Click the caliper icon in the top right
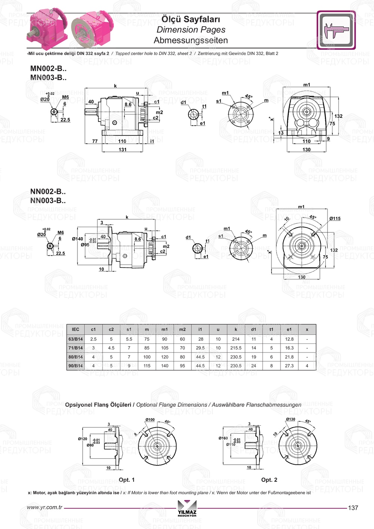point(336,30)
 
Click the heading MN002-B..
point(48,68)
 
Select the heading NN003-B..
point(48,201)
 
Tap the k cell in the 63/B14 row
point(236,339)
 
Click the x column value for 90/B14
point(307,366)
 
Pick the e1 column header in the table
point(289,330)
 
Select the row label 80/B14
point(76,357)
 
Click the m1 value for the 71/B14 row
point(165,348)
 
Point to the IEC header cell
point(76,330)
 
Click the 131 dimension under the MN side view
point(123,150)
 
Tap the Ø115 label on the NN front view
point(335,218)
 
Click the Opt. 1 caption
point(126,480)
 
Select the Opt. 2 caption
point(269,480)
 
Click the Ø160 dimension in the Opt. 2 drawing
point(223,438)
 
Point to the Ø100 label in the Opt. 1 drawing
point(150,420)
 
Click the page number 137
point(353,508)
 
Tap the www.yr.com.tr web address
point(45,508)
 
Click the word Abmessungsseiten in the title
point(191,40)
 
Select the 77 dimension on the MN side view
point(95,141)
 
